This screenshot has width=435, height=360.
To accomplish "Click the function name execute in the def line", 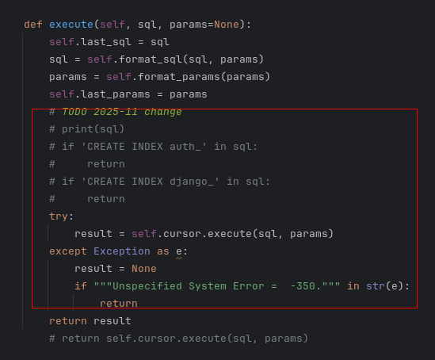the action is [x=71, y=25].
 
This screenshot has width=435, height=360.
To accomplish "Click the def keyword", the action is [x=33, y=25].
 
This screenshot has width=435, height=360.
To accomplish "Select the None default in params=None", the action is [x=227, y=25].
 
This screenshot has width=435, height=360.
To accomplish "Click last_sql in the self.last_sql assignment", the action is [x=105, y=42].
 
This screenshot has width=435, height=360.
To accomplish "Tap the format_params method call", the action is [x=179, y=77].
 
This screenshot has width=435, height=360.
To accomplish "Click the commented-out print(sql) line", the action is [x=87, y=129].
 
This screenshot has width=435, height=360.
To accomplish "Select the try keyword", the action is [x=59, y=216].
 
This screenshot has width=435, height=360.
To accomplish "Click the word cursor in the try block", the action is [x=181, y=234].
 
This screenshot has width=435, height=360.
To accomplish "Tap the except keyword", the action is [x=68, y=251].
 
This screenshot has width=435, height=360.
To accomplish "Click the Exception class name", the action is [x=122, y=251].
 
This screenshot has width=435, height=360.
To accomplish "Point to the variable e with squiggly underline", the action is [x=179, y=251].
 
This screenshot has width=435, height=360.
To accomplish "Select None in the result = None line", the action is [x=144, y=269].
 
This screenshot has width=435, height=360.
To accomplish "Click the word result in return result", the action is [x=112, y=321].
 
